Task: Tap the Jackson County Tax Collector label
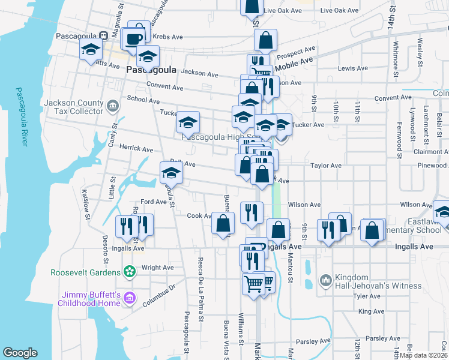click(x=73, y=107)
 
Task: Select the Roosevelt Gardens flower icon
click(x=129, y=272)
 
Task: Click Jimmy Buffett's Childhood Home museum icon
click(x=129, y=298)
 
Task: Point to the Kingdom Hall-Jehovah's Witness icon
click(x=326, y=280)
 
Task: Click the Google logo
click(x=20, y=353)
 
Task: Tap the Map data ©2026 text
click(x=423, y=355)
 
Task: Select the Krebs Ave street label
click(x=167, y=37)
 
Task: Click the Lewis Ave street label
click(x=353, y=68)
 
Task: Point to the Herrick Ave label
click(x=136, y=149)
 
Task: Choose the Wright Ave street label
click(x=158, y=268)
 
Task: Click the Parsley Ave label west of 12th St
click(x=314, y=341)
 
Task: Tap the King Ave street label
click(x=371, y=311)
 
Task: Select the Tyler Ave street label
click(x=368, y=296)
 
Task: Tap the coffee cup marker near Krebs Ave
click(x=133, y=39)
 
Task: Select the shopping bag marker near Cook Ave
click(x=223, y=224)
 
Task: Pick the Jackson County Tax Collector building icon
click(x=112, y=107)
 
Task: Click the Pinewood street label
click(x=432, y=165)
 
